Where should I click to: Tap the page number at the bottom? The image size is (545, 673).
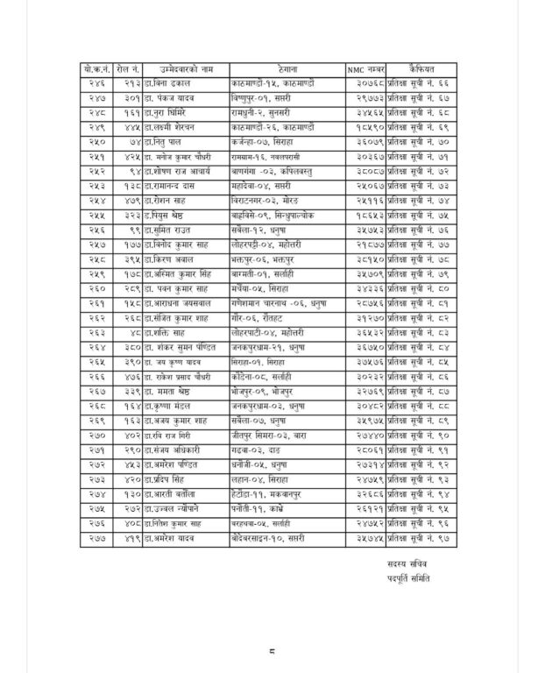(x=272, y=649)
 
